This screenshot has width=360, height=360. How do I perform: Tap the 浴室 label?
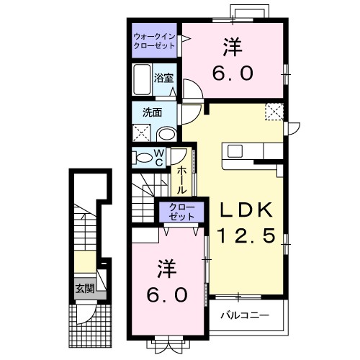(x=163, y=77)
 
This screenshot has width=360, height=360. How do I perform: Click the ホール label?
(x=183, y=179)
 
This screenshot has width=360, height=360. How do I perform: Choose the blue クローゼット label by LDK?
(x=176, y=212)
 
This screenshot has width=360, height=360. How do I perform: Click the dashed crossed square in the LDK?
(x=274, y=112)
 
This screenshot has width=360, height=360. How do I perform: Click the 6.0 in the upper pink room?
(x=230, y=74)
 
